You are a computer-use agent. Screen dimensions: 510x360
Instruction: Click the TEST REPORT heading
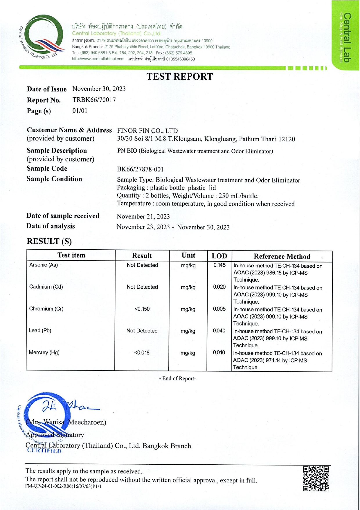click(179, 76)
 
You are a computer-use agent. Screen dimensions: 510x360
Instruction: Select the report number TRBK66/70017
click(94, 100)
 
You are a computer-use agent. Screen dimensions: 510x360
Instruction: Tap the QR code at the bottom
click(316, 479)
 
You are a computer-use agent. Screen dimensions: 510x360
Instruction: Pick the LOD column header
click(219, 256)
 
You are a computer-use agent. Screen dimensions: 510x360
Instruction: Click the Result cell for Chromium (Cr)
click(142, 309)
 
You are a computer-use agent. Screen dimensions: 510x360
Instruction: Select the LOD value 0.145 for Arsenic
click(219, 265)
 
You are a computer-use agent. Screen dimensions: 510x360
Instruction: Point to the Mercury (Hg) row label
click(44, 352)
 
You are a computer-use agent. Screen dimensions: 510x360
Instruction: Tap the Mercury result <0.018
click(142, 353)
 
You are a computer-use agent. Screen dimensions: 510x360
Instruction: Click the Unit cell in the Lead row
click(188, 331)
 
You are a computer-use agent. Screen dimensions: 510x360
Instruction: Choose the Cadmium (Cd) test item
click(46, 287)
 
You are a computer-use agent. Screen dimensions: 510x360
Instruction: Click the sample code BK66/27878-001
click(140, 169)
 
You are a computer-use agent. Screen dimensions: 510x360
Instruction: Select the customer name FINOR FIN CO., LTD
click(147, 131)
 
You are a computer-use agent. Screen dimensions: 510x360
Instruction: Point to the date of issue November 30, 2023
click(99, 89)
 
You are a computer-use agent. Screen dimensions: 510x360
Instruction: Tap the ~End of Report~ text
click(178, 378)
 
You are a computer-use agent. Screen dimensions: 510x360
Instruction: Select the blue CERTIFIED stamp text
click(44, 451)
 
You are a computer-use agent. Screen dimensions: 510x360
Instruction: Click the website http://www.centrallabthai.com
click(98, 59)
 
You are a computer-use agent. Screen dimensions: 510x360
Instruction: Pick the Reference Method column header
click(282, 256)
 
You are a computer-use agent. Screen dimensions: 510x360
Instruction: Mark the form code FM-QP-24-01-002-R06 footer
click(63, 486)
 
